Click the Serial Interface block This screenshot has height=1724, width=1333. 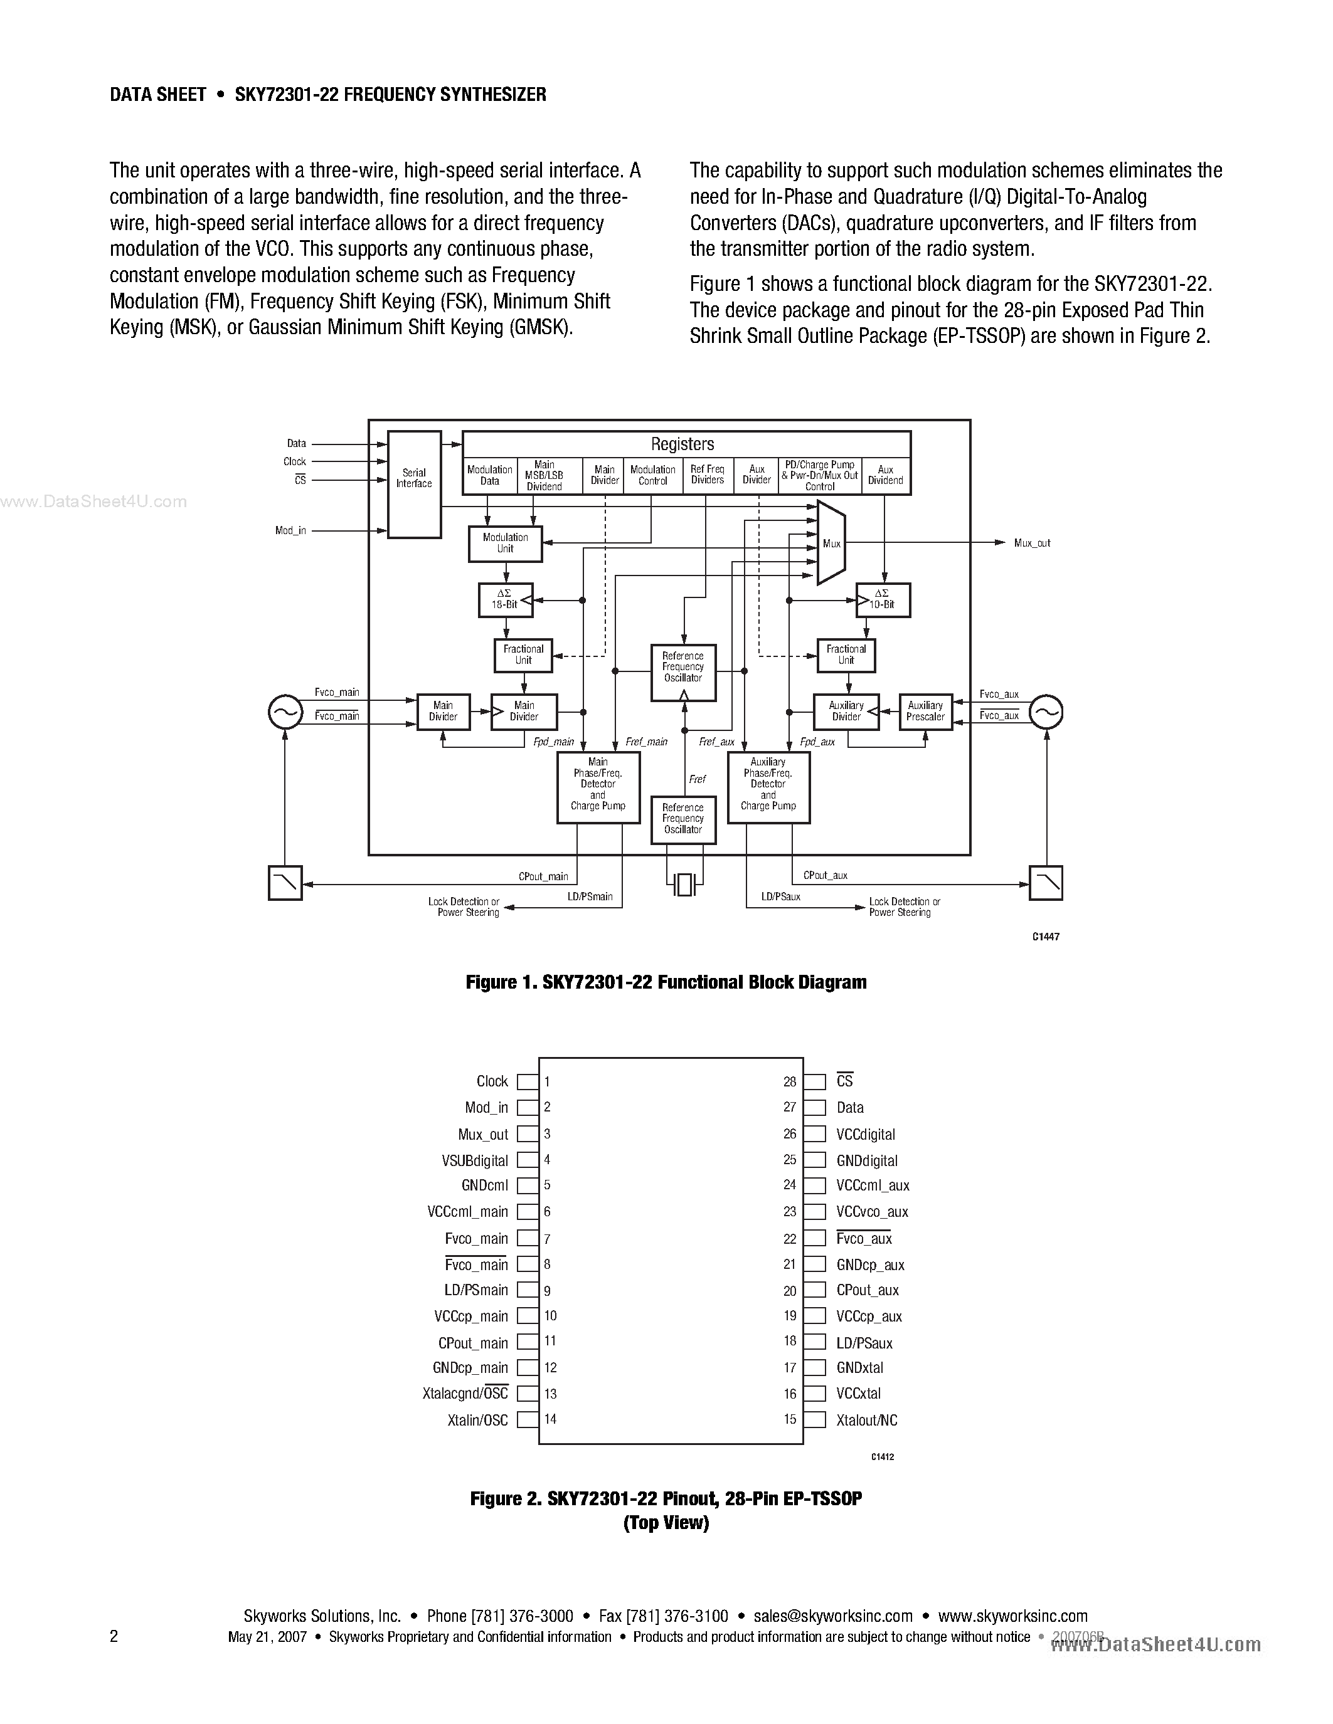(x=414, y=484)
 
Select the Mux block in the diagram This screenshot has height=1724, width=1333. (x=831, y=544)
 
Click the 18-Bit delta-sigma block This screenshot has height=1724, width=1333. (x=506, y=600)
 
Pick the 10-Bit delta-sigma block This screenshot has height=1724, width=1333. (x=883, y=600)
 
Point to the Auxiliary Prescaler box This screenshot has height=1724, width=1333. (x=925, y=712)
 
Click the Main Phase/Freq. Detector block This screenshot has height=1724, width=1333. (x=598, y=786)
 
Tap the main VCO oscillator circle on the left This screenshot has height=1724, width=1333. (x=285, y=712)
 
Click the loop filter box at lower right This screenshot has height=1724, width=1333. (x=1046, y=883)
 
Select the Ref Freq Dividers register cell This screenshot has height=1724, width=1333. (x=708, y=475)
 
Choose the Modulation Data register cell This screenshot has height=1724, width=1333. (x=490, y=475)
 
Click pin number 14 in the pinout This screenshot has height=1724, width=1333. (x=550, y=1419)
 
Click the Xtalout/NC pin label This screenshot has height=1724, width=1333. (x=866, y=1420)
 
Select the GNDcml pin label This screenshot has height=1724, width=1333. (x=485, y=1185)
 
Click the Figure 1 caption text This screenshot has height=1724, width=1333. (x=666, y=982)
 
